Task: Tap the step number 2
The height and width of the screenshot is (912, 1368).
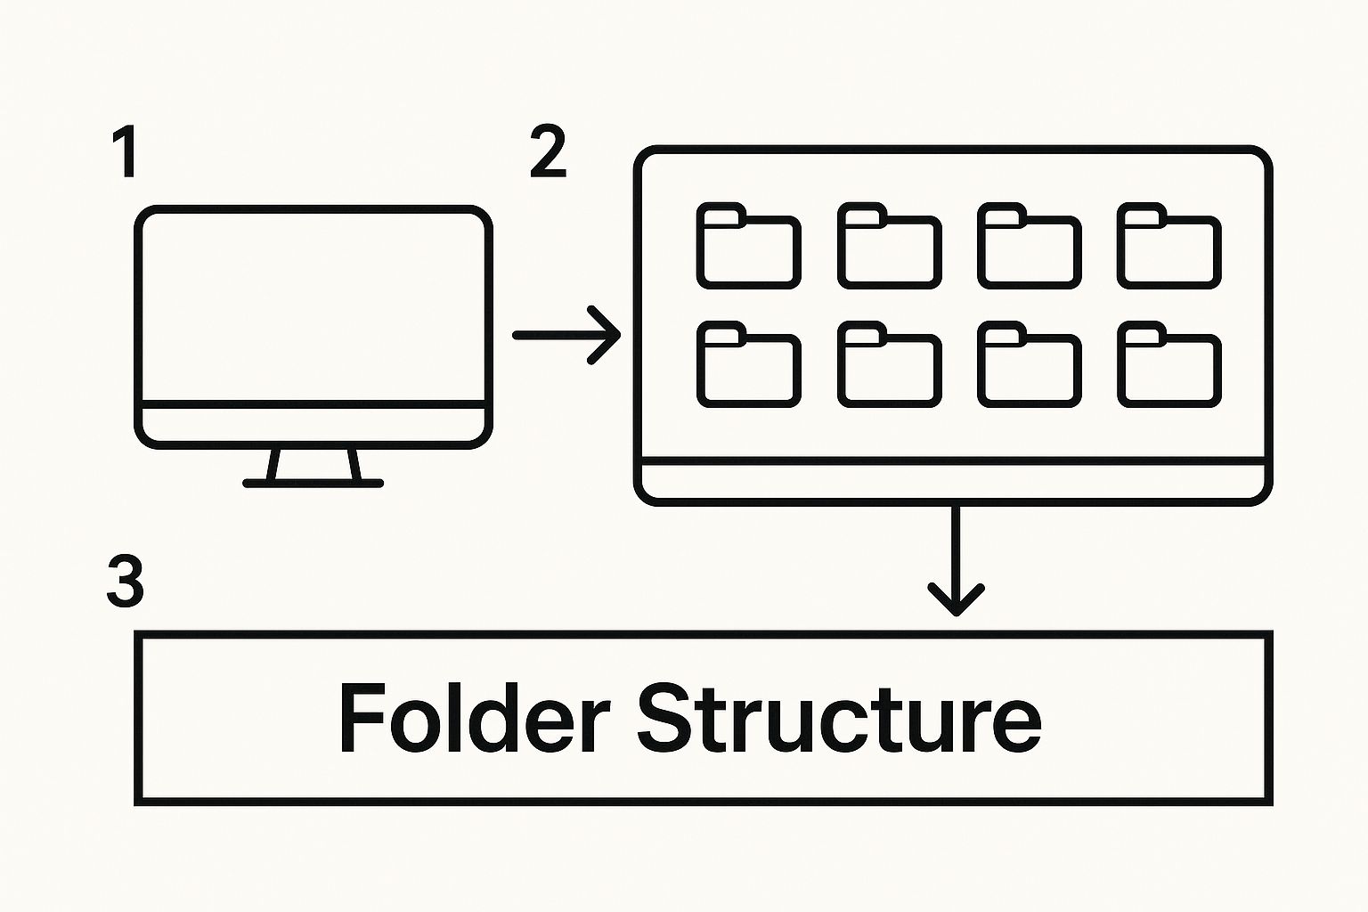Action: click(548, 152)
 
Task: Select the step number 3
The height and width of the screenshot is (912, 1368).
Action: click(126, 581)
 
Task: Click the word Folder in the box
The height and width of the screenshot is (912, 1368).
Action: click(473, 718)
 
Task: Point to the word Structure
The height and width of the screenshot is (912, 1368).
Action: click(839, 718)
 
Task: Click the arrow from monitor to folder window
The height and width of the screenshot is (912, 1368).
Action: click(566, 335)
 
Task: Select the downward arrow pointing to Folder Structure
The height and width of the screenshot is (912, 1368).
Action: click(956, 560)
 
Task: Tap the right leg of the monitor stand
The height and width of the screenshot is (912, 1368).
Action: click(354, 464)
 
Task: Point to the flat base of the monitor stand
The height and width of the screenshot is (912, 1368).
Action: click(313, 484)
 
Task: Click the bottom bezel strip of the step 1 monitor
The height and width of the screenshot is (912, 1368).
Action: click(313, 425)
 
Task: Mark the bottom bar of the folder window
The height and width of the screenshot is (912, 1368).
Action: click(953, 482)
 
